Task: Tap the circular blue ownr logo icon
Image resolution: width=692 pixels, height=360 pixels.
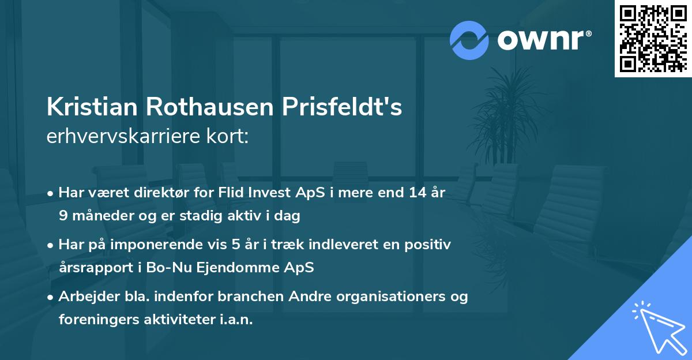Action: pos(469,40)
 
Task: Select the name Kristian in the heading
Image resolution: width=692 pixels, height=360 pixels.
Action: pos(92,107)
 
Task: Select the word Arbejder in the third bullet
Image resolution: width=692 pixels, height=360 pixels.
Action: pos(86,297)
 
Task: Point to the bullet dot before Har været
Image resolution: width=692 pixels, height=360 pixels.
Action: pos(51,194)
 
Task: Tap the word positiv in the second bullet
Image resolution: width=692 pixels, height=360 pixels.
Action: pos(428,245)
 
